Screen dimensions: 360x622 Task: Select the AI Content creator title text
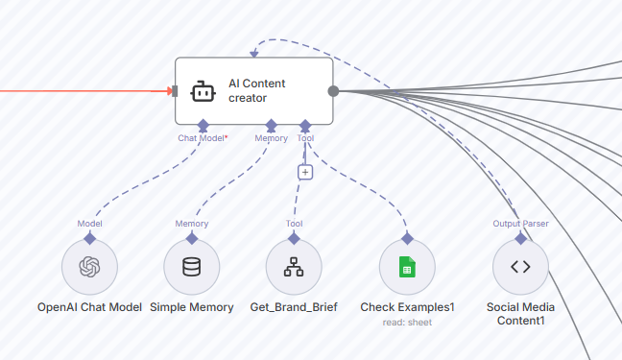point(256,91)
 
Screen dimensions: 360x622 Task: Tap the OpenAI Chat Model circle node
point(89,267)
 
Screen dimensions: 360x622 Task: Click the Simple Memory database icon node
point(192,267)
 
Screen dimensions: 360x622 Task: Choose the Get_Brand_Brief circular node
point(294,267)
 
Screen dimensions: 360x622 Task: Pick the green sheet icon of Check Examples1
point(407,267)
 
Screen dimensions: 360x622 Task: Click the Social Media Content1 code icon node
point(520,267)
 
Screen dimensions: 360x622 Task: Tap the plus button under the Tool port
point(305,172)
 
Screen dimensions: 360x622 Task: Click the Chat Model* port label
point(203,138)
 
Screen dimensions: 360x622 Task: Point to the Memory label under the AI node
point(271,138)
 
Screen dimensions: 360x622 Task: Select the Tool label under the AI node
point(305,138)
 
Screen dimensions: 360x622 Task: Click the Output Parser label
point(520,224)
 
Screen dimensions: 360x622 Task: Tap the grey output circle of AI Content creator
point(333,91)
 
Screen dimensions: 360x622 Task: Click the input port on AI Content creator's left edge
point(174,91)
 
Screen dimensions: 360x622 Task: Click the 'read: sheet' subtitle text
point(407,323)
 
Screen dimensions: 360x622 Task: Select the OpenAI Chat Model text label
point(89,307)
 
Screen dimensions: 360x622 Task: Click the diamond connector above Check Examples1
point(407,237)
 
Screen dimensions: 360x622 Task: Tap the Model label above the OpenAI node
point(89,224)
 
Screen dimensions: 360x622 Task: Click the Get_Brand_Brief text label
point(294,307)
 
